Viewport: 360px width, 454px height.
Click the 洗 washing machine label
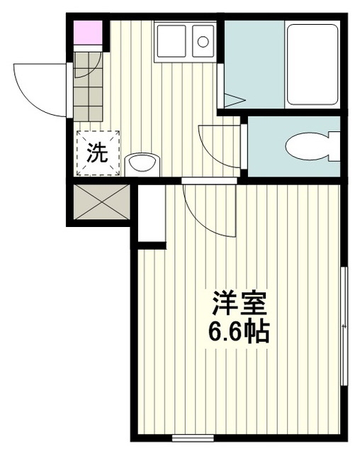(x=98, y=153)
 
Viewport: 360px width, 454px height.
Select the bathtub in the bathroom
(x=313, y=65)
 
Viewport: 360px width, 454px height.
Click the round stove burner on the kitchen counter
(x=203, y=42)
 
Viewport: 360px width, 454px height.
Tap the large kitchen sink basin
(x=171, y=41)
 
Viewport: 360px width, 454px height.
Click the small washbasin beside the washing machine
(x=142, y=164)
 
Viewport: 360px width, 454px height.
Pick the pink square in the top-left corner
(x=88, y=33)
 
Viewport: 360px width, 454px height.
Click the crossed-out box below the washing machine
(x=101, y=201)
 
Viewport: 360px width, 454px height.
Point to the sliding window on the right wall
(x=344, y=326)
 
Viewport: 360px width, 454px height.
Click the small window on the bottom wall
(x=193, y=438)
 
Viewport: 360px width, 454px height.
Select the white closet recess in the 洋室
(x=152, y=213)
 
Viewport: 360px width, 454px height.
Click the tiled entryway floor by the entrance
(x=88, y=87)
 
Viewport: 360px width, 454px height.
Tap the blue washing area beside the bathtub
(x=254, y=65)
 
